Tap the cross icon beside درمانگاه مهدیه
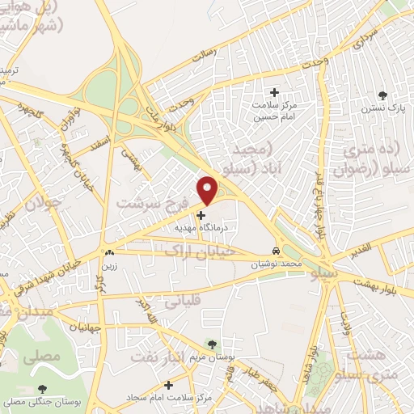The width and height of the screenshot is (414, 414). [201, 215]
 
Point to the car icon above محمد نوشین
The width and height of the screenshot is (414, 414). [277, 251]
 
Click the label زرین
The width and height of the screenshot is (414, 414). [108, 264]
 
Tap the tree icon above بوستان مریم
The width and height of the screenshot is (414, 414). [212, 344]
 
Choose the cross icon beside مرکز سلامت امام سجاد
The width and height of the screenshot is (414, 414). [168, 385]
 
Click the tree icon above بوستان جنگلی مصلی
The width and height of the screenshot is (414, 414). [41, 389]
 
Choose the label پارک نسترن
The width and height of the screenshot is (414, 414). [382, 108]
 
